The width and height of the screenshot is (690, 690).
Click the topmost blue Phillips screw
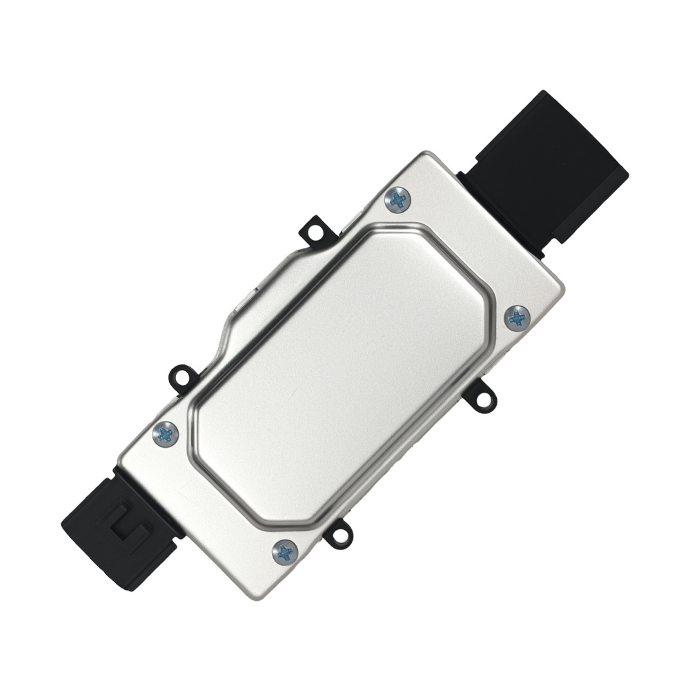click(398, 199)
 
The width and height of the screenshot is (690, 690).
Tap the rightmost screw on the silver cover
click(517, 317)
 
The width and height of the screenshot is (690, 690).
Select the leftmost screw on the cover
click(165, 433)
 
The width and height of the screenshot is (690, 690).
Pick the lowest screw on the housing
click(284, 551)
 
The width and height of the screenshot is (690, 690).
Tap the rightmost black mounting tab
click(481, 396)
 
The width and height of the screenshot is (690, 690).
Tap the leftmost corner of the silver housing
click(119, 461)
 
